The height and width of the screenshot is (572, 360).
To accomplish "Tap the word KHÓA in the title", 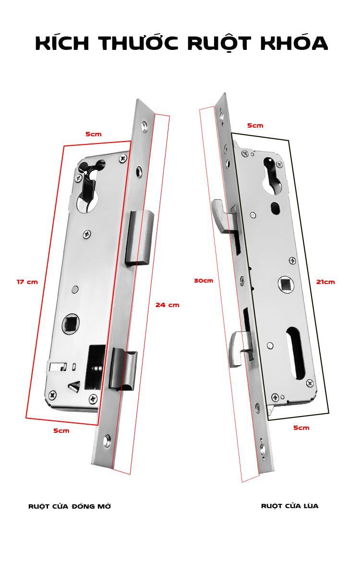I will (x=294, y=44).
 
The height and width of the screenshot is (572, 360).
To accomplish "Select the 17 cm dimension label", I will (x=27, y=282).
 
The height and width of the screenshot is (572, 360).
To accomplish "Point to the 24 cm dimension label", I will (x=167, y=305).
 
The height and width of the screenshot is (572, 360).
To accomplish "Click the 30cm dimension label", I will (x=204, y=280).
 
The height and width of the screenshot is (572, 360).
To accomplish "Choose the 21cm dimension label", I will (x=325, y=282).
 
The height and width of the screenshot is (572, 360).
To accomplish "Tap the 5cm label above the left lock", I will (x=94, y=134).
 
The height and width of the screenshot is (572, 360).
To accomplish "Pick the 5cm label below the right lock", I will (x=301, y=428).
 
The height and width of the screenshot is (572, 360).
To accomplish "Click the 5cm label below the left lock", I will (x=61, y=430).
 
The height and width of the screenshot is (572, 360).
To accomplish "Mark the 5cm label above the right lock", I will (x=255, y=125).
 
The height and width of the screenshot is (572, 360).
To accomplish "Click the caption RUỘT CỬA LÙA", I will (x=289, y=506).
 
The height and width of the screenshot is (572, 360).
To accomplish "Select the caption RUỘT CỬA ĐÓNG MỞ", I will (x=70, y=506).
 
